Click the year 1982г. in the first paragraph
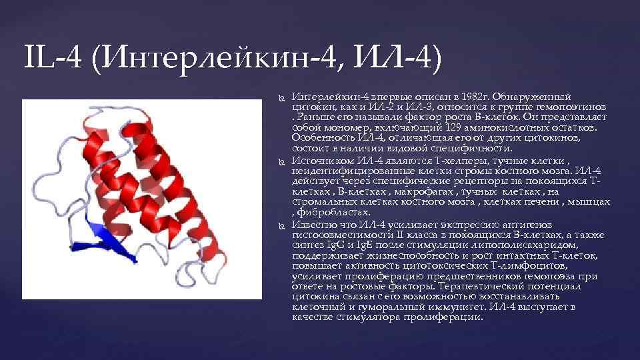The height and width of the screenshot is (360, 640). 475,97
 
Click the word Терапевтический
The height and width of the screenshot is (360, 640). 505,285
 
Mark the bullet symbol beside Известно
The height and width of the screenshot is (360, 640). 281,225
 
